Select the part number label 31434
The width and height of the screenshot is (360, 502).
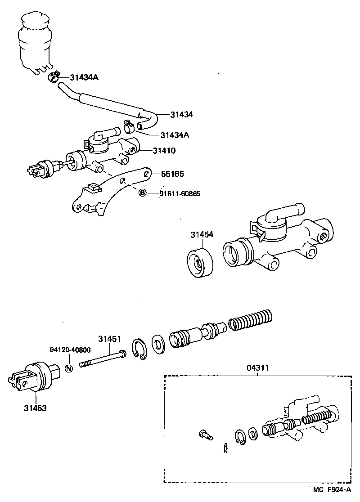coord(181,115)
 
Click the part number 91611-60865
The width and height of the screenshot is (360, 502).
coord(180,194)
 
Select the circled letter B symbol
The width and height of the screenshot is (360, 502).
coord(142,193)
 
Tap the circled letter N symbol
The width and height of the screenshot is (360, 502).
coord(69,368)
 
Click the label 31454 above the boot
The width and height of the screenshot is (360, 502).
coord(202,235)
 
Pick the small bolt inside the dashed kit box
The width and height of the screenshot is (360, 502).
coord(205,435)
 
